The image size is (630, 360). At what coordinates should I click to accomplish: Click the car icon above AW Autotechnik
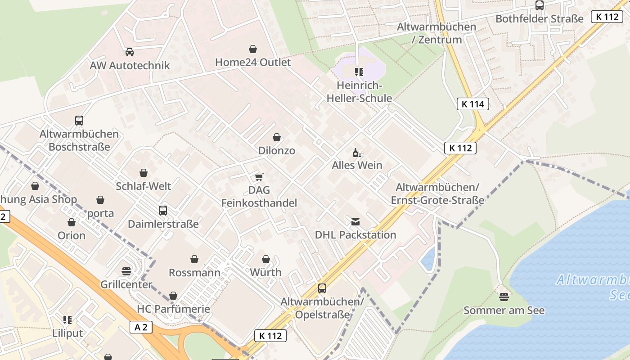130,52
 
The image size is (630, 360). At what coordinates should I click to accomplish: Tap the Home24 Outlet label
253,62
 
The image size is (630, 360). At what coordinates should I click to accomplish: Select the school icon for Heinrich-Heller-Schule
359,72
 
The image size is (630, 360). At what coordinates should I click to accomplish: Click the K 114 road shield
472,104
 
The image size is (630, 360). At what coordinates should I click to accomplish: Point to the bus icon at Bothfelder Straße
539,5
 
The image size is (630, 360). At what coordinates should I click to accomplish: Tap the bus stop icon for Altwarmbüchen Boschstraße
79,121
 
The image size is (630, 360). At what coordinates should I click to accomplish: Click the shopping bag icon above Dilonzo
277,137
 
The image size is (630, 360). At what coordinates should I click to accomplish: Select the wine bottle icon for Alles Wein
357,153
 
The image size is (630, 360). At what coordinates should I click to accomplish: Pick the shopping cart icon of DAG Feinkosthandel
259,177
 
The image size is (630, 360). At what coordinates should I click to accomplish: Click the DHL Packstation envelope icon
355,221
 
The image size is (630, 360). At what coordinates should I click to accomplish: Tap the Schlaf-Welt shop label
143,186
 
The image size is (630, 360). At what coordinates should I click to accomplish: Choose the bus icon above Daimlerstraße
163,211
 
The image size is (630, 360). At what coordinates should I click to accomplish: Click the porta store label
100,213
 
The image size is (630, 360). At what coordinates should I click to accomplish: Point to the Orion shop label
71,235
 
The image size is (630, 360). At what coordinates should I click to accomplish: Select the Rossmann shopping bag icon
194,259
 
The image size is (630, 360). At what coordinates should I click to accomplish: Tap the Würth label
265,272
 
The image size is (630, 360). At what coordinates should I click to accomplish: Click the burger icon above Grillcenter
126,271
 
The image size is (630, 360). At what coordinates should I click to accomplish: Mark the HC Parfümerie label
173,309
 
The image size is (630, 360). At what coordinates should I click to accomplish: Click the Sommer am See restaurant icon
504,297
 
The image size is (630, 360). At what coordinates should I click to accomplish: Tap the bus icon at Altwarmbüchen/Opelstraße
322,288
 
